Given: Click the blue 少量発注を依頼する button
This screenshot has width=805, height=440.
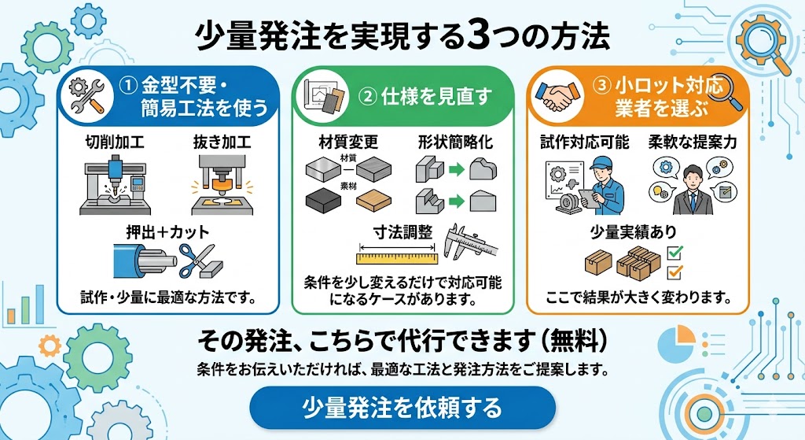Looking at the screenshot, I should coord(402,408).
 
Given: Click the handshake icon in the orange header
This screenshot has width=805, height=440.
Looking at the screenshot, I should coord(555,96).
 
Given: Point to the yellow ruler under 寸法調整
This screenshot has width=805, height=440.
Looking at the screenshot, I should coord(397,257).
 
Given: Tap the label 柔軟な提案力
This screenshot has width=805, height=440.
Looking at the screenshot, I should coord(692,142).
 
